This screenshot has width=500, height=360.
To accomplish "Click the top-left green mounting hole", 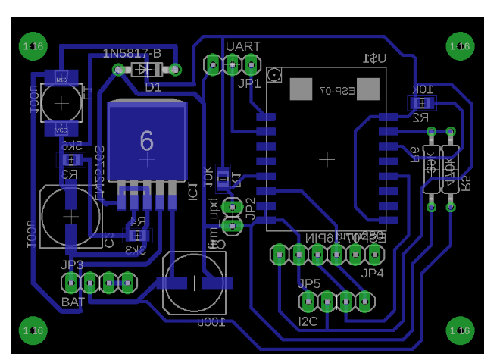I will coord(34,47).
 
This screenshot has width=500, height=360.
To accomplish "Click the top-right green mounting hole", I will coord(460,47).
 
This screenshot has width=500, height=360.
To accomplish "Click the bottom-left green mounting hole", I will coord(34,330).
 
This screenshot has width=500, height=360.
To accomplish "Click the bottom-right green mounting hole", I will coord(460,330).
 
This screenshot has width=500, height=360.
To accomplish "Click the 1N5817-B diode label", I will coord(132,53).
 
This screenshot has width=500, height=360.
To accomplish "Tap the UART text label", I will coord(243,47).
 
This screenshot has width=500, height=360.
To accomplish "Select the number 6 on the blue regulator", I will coord(147,139).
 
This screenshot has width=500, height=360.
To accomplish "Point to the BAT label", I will coord(73,302).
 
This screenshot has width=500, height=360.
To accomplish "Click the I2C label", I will coord(308,321).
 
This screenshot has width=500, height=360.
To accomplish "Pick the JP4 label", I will coord(373,273).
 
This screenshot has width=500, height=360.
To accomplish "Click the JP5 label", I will coord(310,284).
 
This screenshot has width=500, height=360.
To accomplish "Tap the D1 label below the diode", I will coord(153,87).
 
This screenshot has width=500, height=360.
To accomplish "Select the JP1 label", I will coord(249,83).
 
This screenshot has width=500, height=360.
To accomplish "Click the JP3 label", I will coord(73,265).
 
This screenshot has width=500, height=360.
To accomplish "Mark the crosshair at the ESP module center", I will coord(327,160).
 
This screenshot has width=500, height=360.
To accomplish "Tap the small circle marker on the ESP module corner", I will coord(277,76).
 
